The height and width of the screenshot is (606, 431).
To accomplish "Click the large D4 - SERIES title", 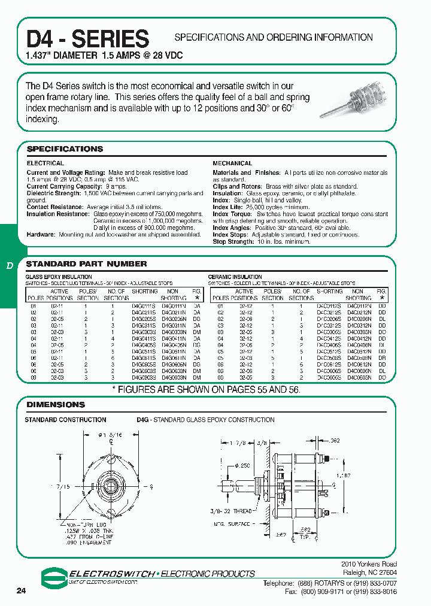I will pyautogui.click(x=87, y=39).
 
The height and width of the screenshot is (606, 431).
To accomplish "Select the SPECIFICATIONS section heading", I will pyautogui.click(x=65, y=149).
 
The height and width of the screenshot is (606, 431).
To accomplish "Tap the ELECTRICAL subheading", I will pyautogui.click(x=45, y=163).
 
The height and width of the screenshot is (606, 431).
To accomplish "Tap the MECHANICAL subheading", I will pyautogui.click(x=232, y=163).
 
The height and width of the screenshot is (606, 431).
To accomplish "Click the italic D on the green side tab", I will pyautogui.click(x=9, y=265).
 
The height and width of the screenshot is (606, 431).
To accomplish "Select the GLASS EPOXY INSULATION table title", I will pyautogui.click(x=59, y=277).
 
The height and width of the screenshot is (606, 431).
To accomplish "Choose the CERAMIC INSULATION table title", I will pyautogui.click(x=235, y=277).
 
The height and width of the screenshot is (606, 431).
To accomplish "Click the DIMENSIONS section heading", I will pyautogui.click(x=56, y=405).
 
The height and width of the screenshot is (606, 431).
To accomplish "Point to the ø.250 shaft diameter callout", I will pyautogui.click(x=242, y=465).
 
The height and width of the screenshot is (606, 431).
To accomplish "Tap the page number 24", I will pyautogui.click(x=22, y=591).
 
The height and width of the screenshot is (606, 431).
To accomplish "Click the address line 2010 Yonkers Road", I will pyautogui.click(x=368, y=564).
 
